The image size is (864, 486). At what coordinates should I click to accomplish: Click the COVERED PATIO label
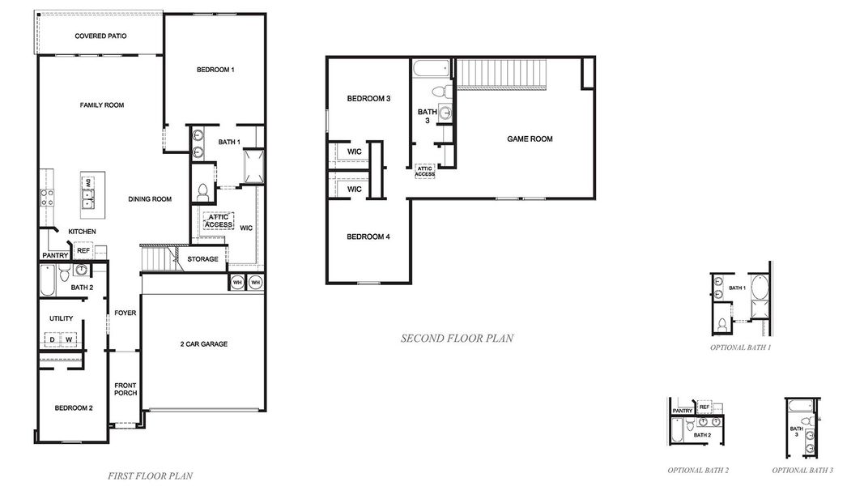coord(100,36)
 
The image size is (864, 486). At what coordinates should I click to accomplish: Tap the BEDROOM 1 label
coord(215,70)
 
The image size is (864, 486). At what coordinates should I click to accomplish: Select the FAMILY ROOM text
coord(101,105)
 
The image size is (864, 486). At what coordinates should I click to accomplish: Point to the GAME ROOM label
coord(530,139)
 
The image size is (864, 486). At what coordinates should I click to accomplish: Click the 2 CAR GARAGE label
coord(203,344)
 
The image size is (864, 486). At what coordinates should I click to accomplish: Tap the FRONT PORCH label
coord(126,389)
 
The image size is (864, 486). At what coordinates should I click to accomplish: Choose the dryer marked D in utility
coord(53,339)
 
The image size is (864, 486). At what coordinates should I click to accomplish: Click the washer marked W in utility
coord(70,339)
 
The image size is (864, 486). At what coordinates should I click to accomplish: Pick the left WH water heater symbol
coord(237,282)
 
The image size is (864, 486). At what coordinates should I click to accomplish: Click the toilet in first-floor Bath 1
coord(202,193)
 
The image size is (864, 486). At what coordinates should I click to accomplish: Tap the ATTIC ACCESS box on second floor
coord(425,171)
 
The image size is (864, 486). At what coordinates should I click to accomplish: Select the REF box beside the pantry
coord(83,251)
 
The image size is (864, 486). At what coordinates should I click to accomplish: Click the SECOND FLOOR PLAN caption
coord(457,339)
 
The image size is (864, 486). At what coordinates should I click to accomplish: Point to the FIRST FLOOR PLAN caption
coord(150,476)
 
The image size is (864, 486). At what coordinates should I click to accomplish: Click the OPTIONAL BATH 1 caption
coord(740,347)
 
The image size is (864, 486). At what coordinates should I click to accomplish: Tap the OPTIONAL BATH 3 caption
coord(802,470)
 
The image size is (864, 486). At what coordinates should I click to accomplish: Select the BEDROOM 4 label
coord(368,237)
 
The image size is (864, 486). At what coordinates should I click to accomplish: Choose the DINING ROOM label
coord(150,199)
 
